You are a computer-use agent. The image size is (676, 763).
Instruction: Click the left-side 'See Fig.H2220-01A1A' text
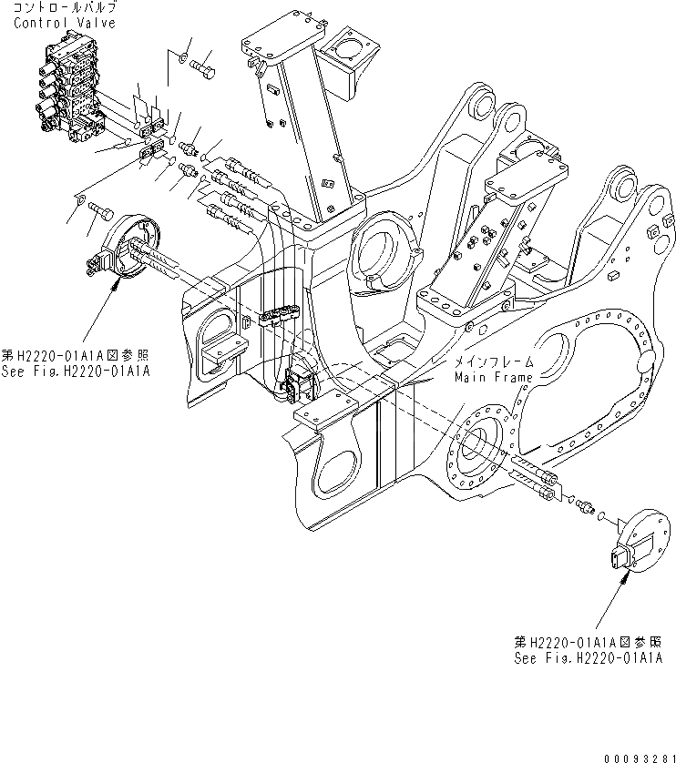click(x=75, y=371)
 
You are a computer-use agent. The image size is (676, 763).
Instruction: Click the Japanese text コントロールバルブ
click(x=66, y=8)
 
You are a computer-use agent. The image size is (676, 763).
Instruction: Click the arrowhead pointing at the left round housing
click(x=115, y=283)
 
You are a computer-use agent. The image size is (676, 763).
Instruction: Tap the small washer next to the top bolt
click(x=183, y=58)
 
